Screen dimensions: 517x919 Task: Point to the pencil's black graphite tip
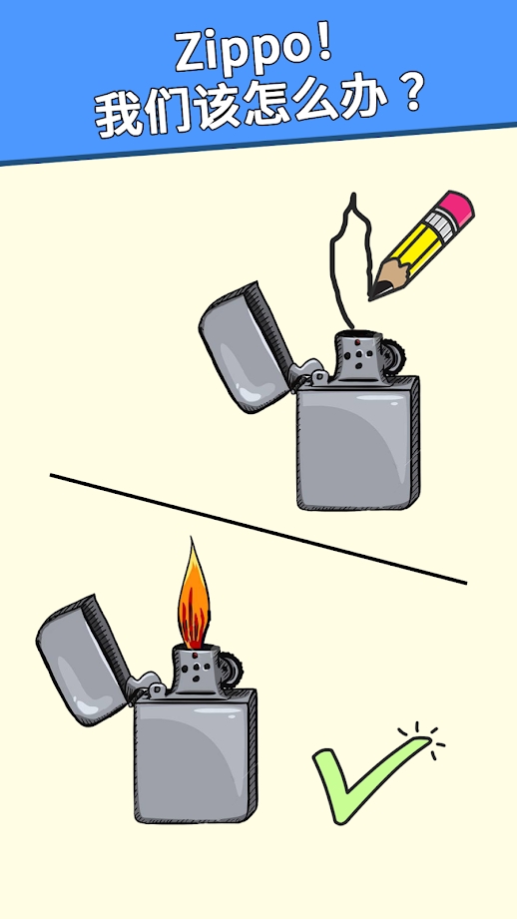pos(374,290)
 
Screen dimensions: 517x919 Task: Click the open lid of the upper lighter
pos(247,347)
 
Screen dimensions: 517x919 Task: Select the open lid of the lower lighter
pos(84,660)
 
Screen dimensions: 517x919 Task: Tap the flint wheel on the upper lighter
pos(395,356)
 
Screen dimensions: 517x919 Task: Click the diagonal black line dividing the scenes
pos(258,529)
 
